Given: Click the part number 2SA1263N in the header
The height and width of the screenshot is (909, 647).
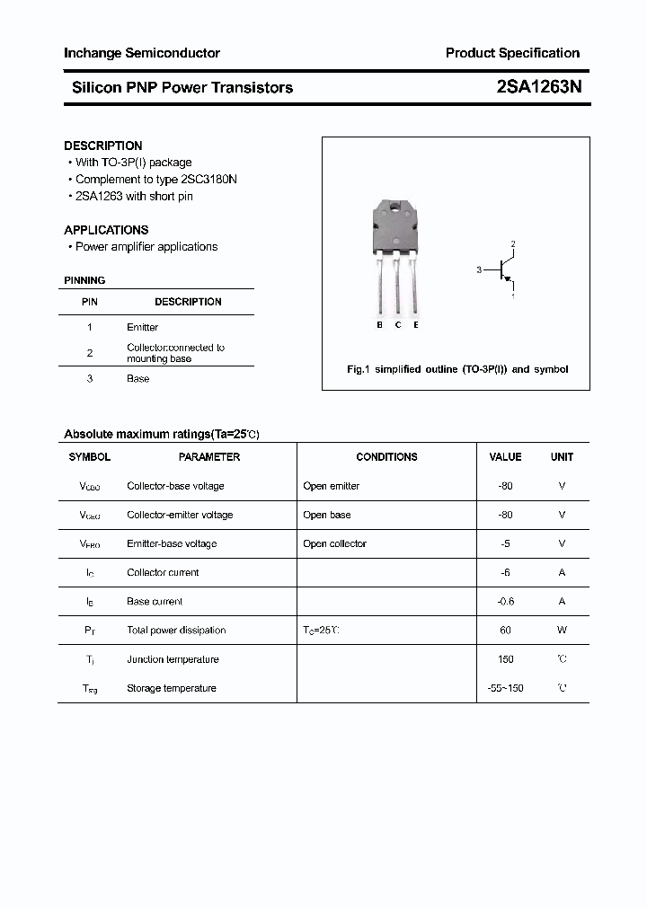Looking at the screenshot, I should coord(538,87).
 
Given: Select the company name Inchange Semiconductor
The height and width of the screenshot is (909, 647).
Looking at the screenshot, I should coord(141,53).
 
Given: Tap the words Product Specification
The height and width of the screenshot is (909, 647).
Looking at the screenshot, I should coord(512,53).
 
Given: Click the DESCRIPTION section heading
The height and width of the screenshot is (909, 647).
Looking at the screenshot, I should coord(102,146).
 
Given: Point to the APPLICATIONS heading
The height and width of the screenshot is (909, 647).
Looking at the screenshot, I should coord(106,230).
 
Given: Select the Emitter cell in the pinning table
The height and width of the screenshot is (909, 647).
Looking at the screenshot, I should coord(142,328).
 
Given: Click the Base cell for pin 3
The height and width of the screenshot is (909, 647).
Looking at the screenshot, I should coord(137,379).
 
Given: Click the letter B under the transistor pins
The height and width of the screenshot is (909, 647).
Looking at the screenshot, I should coord(379,325).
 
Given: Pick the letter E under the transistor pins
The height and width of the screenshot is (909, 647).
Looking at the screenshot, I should coord(415,325).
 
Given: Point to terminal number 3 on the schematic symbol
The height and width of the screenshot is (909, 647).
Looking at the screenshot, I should coord(480,269).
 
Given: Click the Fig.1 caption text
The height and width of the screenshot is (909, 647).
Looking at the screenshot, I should coord(457,369).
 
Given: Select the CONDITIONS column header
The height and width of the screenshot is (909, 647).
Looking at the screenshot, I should coord(386,457).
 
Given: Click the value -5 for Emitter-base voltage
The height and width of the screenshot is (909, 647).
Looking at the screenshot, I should coord(505,544).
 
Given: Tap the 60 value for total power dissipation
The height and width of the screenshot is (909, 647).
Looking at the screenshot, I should coord(505,631).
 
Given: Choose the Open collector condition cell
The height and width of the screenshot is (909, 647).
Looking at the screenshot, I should coord(334,544).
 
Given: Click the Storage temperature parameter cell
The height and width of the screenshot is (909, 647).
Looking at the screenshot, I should coord(172,689).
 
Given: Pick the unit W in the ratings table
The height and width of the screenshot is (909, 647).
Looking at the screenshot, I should coord(562,631).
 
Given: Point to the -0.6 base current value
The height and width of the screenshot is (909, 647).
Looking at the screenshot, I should coord(505,602).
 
